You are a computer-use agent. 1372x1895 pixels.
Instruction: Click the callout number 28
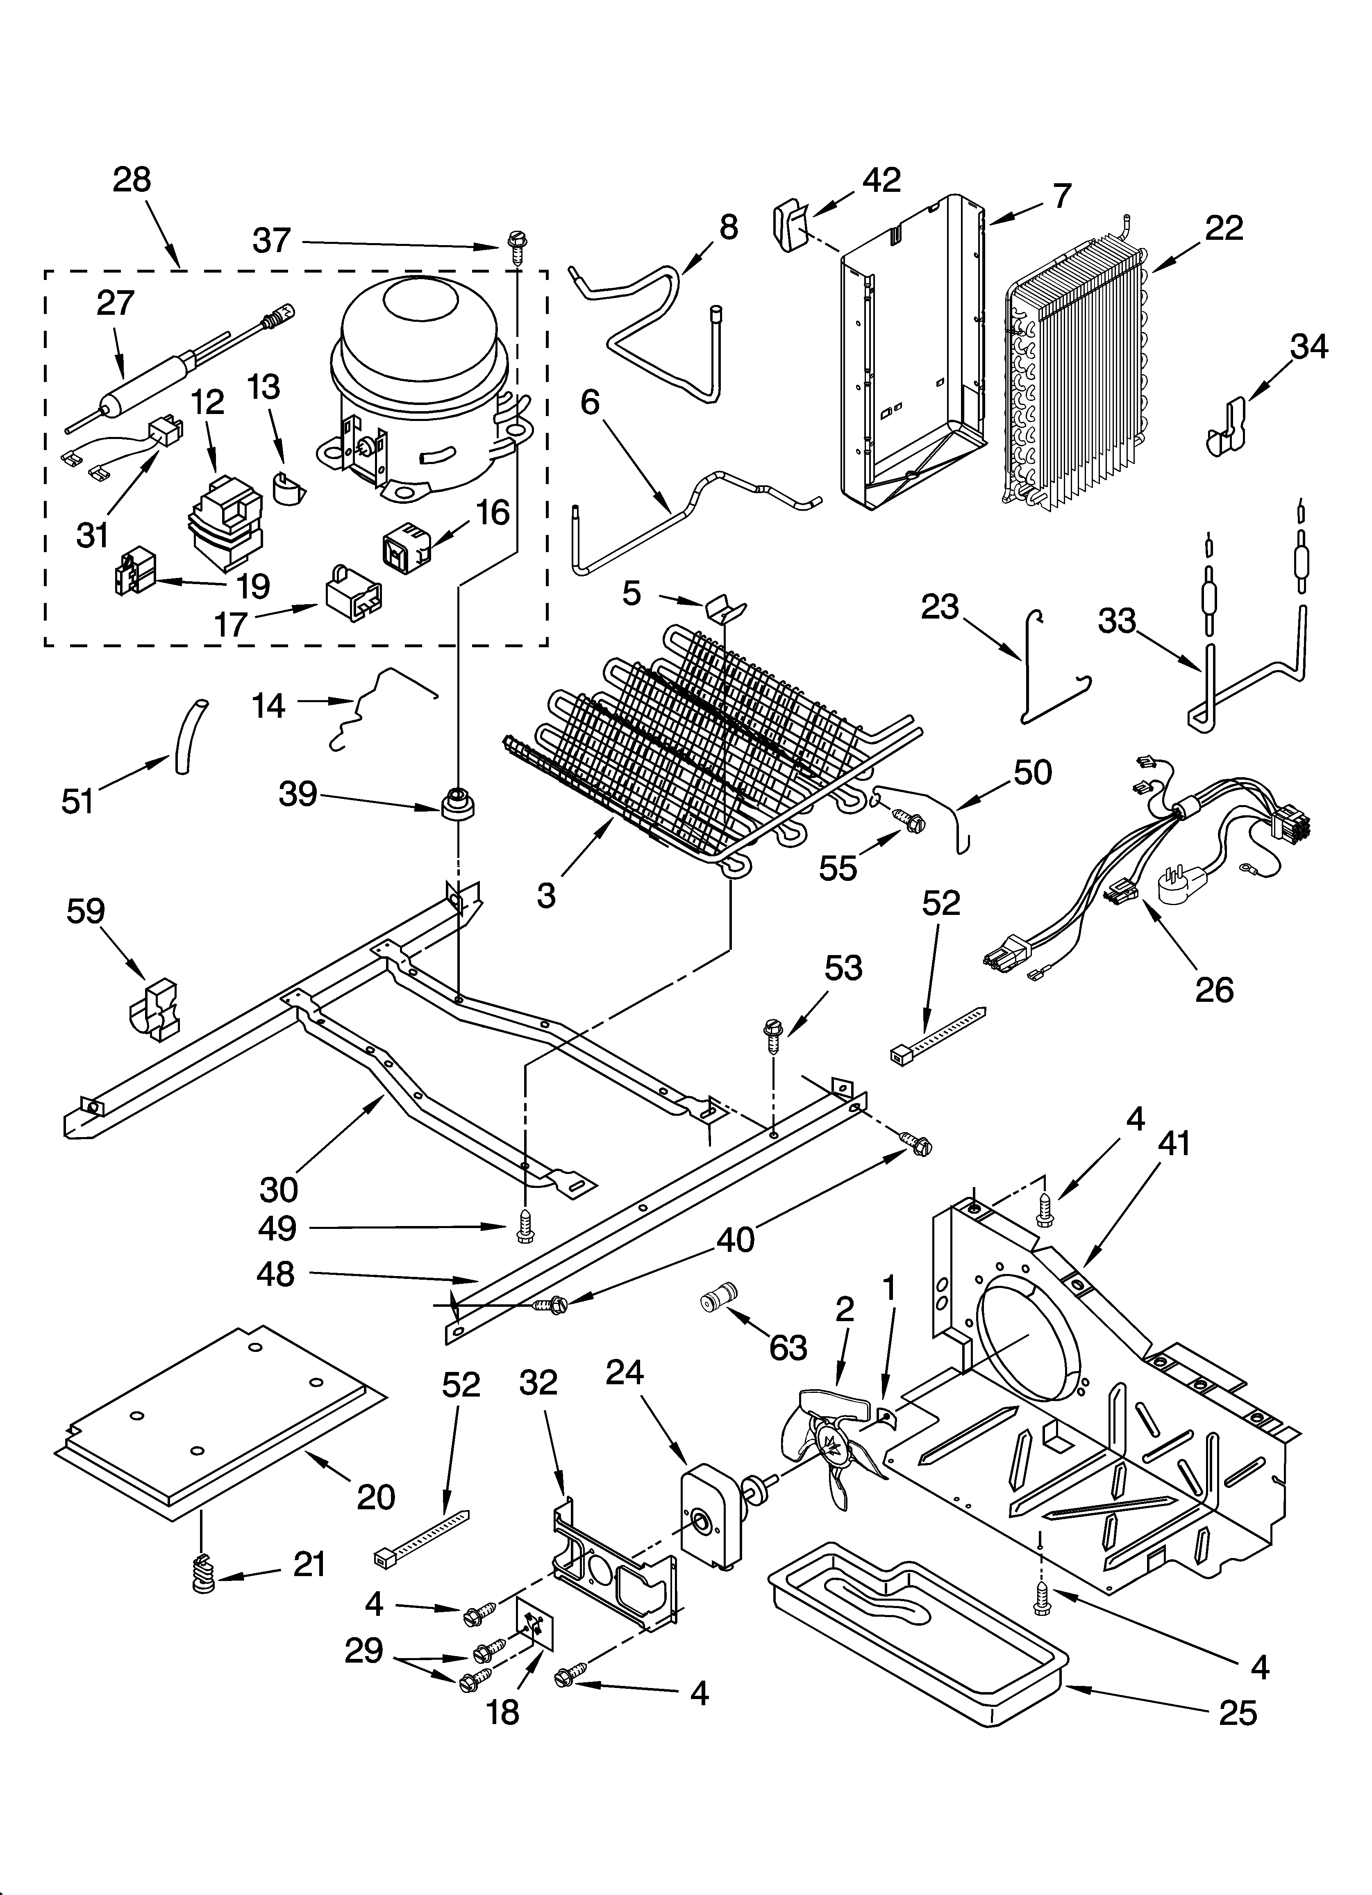click(132, 180)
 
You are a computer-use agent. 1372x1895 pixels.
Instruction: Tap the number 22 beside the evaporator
click(1224, 228)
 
